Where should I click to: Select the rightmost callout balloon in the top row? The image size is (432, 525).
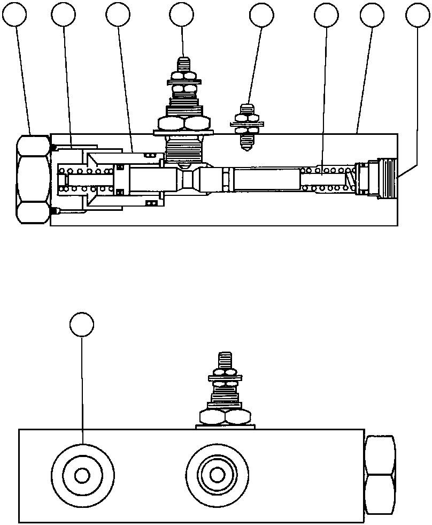pyautogui.click(x=418, y=16)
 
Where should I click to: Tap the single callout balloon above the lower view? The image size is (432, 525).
pyautogui.click(x=82, y=324)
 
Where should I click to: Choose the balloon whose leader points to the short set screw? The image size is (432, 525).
pyautogui.click(x=261, y=16)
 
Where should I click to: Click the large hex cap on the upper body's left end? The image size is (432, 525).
pyautogui.click(x=33, y=179)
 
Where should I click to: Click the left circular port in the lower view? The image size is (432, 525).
pyautogui.click(x=82, y=475)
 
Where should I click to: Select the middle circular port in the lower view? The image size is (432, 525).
pyautogui.click(x=217, y=475)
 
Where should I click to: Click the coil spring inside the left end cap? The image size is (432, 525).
pyautogui.click(x=86, y=179)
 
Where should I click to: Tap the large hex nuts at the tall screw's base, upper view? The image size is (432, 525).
pyautogui.click(x=183, y=124)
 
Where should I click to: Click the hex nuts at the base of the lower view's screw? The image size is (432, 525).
pyautogui.click(x=225, y=417)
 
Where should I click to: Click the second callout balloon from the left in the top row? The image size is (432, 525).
pyautogui.click(x=64, y=16)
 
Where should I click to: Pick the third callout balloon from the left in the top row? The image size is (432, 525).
pyautogui.click(x=118, y=16)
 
